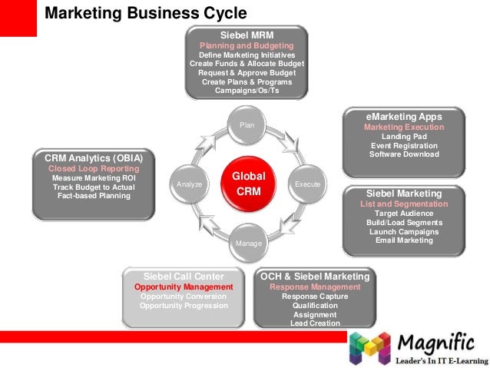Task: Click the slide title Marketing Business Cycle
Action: [x=146, y=13]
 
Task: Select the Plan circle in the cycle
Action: [x=247, y=124]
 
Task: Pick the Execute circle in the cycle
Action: [x=308, y=184]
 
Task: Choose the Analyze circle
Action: [x=189, y=184]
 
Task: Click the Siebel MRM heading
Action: [x=247, y=35]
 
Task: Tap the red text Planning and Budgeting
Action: [x=247, y=46]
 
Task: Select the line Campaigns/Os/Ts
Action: [x=247, y=91]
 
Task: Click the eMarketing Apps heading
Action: [x=403, y=117]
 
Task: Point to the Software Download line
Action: [x=403, y=154]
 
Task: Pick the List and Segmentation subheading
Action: [x=403, y=204]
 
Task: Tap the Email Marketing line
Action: [x=403, y=240]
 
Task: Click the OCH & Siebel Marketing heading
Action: [x=315, y=277]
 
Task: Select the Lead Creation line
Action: [x=315, y=323]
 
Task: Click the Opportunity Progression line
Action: [x=184, y=305]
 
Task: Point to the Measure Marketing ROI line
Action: [x=88, y=177]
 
